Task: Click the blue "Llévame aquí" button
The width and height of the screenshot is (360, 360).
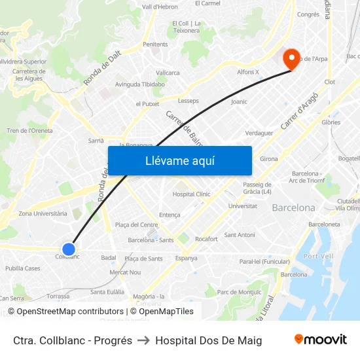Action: [180, 160]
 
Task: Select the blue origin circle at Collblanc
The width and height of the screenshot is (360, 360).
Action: [69, 249]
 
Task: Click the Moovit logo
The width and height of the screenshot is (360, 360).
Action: [320, 340]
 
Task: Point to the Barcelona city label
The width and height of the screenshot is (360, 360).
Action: [293, 208]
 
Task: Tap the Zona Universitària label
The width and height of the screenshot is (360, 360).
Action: [43, 213]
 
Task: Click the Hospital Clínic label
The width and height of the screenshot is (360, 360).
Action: [191, 194]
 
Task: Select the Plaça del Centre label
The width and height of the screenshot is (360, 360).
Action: [136, 225]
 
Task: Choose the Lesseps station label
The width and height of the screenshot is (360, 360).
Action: [189, 101]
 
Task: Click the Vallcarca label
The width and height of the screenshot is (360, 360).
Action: [168, 73]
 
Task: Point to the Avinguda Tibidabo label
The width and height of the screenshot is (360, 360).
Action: [139, 84]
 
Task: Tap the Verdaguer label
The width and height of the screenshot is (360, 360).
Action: [259, 133]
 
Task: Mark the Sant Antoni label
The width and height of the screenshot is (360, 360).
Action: [240, 235]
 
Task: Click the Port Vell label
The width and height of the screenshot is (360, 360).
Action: [319, 256]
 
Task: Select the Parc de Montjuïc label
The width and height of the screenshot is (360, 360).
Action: [240, 292]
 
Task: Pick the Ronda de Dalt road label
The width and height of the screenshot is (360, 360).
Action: [102, 69]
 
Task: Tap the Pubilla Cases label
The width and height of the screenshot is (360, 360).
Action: [23, 268]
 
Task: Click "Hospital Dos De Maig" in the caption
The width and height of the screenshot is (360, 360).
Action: [208, 340]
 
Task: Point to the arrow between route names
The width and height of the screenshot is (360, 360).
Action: [143, 340]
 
